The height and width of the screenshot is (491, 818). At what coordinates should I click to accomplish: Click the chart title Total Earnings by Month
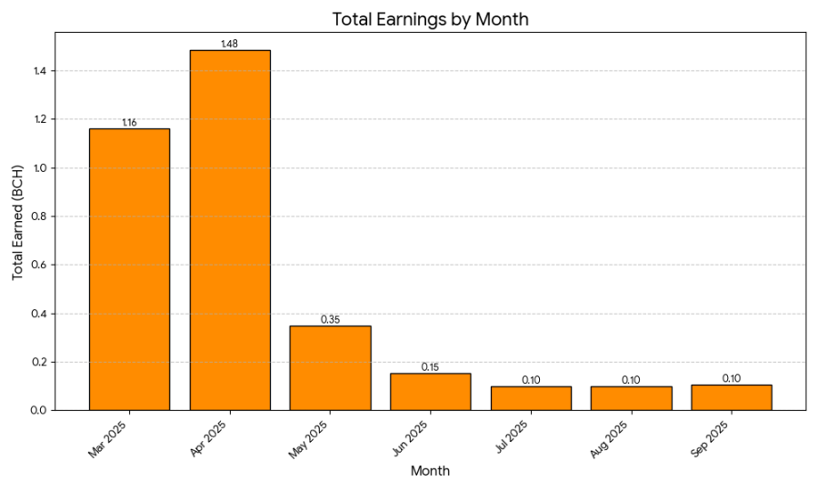tap(430, 19)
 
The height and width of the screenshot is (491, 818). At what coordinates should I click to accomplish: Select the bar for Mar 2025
tap(129, 269)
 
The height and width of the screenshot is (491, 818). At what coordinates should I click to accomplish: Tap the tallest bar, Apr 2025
tap(230, 230)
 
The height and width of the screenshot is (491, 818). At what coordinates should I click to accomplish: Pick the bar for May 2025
tap(330, 367)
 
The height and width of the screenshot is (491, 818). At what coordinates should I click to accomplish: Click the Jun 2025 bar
tap(430, 392)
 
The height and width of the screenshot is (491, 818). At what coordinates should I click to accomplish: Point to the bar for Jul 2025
tap(531, 398)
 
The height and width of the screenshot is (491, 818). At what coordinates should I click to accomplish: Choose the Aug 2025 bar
tap(631, 398)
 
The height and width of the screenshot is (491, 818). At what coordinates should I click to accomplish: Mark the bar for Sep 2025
tap(731, 397)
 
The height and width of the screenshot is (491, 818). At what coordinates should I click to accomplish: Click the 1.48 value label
tap(230, 44)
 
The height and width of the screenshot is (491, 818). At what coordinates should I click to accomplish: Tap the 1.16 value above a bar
tap(129, 122)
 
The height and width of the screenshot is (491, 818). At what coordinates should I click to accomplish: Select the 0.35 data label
tap(330, 319)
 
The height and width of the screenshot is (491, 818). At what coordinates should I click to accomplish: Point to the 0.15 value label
tap(430, 367)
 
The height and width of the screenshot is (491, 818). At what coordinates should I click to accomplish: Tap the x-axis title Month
tap(430, 471)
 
